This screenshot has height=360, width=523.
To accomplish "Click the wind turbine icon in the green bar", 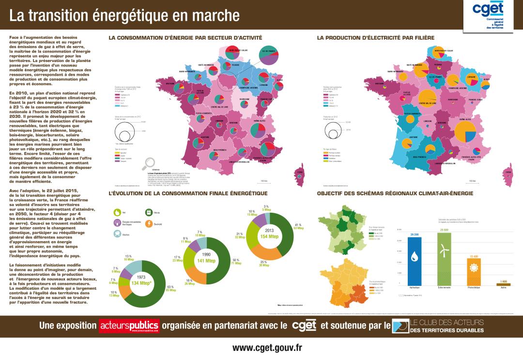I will click(442, 250).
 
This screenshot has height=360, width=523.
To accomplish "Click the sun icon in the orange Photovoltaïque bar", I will click(474, 266).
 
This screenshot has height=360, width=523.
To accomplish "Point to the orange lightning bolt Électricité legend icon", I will click(149, 224).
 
